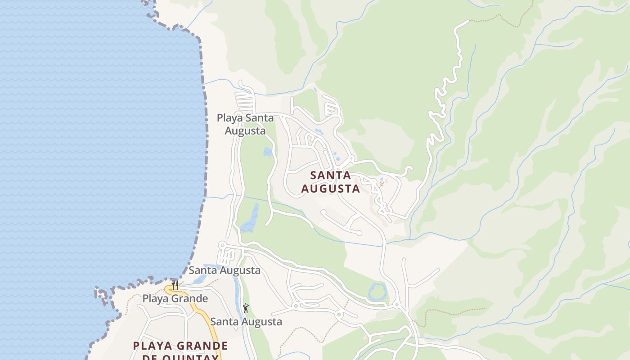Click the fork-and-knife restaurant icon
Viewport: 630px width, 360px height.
[x=175, y=285]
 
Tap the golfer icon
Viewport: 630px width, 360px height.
[x=246, y=308]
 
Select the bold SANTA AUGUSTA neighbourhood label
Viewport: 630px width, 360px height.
[x=331, y=182]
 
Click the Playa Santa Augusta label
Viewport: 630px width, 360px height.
[x=245, y=124]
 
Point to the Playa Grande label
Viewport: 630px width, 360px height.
[x=175, y=298]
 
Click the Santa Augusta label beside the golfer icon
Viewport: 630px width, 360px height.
[x=246, y=322]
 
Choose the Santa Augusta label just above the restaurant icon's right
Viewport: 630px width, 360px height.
[x=224, y=270]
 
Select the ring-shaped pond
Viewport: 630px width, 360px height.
[x=378, y=292]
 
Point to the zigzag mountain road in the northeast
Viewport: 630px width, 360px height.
[x=443, y=90]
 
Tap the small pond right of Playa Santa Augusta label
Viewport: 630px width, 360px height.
[x=268, y=152]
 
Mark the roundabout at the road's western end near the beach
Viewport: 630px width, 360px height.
[x=221, y=245]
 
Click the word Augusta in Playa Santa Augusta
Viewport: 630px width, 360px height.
[x=245, y=131]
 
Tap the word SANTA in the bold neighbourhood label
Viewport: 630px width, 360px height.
[x=331, y=175]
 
